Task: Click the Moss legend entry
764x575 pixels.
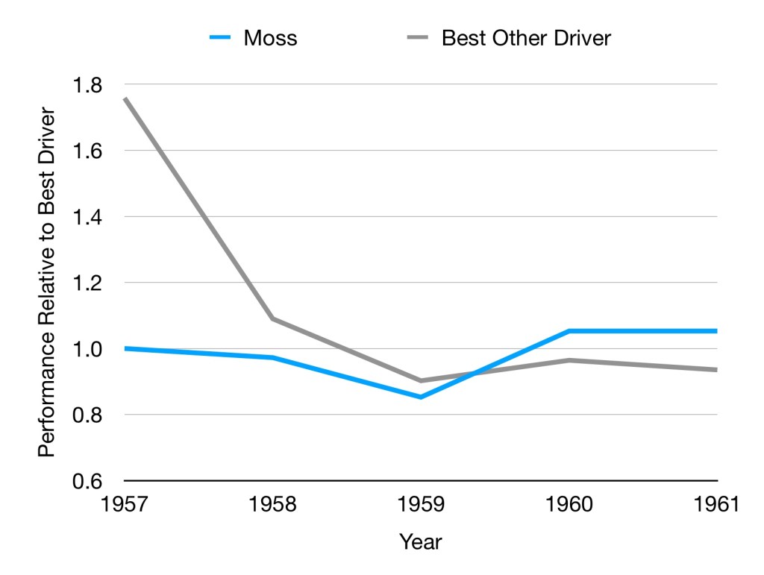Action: (269, 38)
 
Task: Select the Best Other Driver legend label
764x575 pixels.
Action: (526, 38)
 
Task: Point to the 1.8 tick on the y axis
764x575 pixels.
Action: (88, 84)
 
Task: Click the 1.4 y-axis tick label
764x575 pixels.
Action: (88, 216)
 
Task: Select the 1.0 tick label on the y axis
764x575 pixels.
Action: (88, 349)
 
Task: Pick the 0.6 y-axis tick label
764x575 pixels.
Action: (88, 481)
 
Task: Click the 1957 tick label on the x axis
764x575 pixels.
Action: (124, 505)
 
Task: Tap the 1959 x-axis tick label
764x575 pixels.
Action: (421, 505)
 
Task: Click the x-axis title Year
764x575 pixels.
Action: (420, 542)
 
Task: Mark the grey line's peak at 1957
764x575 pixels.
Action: (125, 98)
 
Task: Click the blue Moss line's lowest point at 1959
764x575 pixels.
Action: (421, 397)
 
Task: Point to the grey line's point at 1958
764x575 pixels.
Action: (273, 318)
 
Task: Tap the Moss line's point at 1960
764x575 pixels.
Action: (569, 330)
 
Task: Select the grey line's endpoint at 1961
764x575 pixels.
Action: (716, 369)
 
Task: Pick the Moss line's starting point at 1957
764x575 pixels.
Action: (125, 348)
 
